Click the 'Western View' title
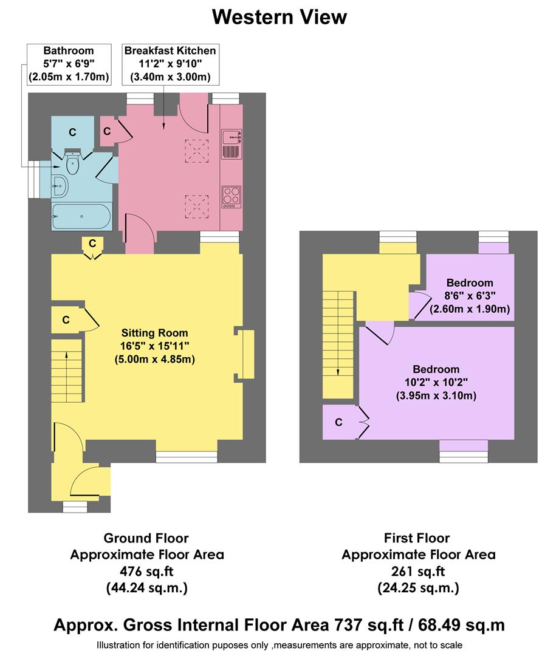(279, 17)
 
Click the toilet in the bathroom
(73, 163)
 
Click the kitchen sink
(231, 144)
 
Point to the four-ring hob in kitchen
(231, 196)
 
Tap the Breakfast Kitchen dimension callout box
(170, 64)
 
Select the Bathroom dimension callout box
(69, 64)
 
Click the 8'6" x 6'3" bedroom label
(469, 296)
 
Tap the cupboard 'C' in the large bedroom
(339, 422)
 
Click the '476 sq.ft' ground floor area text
(146, 571)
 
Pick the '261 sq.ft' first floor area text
(418, 571)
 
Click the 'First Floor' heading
(417, 538)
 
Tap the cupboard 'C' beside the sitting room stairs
(66, 319)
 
